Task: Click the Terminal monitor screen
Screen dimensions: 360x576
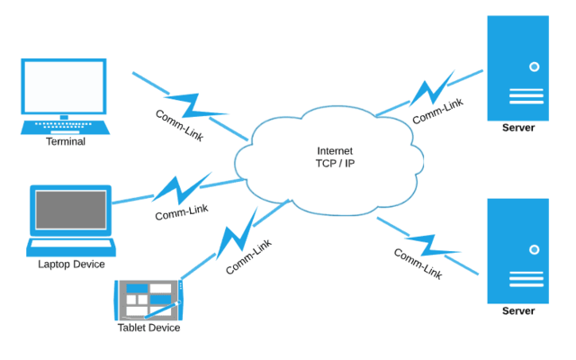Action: [63, 87]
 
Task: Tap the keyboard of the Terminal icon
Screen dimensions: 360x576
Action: [64, 127]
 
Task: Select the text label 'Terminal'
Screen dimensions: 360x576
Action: [65, 141]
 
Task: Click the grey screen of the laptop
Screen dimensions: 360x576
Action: [71, 211]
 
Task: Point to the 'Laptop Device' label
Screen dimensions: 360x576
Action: [71, 264]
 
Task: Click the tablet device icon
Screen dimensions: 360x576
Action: [148, 299]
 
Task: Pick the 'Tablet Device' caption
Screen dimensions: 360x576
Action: [148, 328]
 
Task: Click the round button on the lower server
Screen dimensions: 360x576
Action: [534, 249]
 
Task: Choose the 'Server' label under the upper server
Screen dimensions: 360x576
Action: [517, 128]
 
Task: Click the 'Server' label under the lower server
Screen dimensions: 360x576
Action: [517, 311]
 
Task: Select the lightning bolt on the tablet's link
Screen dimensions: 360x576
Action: [233, 238]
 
